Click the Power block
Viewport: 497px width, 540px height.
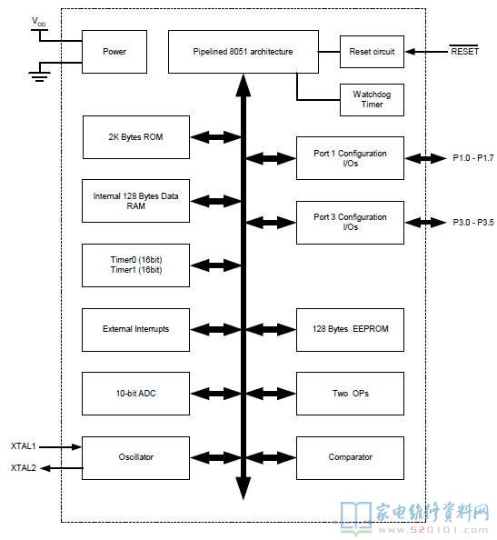114,52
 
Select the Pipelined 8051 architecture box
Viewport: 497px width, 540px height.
243,52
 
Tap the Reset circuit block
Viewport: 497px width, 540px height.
372,52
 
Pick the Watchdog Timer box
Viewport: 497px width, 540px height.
372,99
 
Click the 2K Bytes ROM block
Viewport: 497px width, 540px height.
136,137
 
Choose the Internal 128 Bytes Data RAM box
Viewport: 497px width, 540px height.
135,201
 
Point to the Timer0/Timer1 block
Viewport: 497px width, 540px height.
135,265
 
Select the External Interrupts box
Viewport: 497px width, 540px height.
135,330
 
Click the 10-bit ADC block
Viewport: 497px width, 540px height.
135,394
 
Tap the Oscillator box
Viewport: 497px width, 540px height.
135,457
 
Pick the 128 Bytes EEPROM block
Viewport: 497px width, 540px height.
350,330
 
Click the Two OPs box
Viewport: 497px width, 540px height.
350,394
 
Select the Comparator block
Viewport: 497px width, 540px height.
350,457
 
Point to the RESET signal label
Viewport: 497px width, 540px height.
464,51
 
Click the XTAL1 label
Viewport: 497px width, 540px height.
23,446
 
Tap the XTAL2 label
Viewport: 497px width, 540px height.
23,467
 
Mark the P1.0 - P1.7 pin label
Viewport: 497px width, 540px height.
472,158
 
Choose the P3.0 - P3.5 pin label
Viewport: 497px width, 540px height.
472,222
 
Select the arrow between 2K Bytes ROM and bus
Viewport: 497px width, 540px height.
215,137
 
